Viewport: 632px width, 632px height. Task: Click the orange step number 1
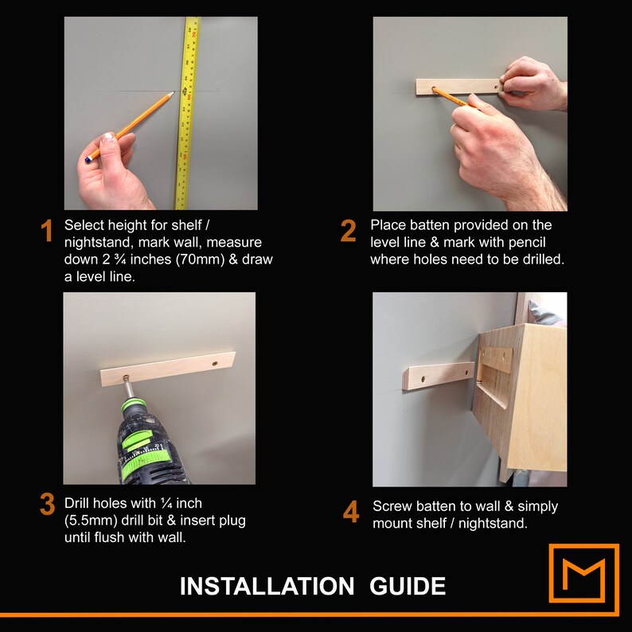pos(47,231)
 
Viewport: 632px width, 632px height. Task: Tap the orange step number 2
pos(349,231)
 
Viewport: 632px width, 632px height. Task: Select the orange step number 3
pos(48,504)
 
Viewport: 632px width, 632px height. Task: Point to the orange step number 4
pos(351,512)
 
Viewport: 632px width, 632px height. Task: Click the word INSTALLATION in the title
pos(267,586)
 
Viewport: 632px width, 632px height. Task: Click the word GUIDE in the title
pos(408,586)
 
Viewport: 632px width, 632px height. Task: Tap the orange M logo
pos(584,579)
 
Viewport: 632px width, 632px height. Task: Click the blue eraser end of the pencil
pos(88,160)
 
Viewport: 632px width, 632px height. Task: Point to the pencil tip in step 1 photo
pos(173,92)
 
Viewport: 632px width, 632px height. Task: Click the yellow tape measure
pos(187,113)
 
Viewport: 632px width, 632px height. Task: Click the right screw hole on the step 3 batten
pos(215,364)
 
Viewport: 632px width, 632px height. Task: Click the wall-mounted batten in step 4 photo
pos(439,376)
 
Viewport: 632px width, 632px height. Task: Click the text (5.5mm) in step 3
pos(91,521)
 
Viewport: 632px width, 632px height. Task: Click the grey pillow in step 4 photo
pos(545,313)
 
